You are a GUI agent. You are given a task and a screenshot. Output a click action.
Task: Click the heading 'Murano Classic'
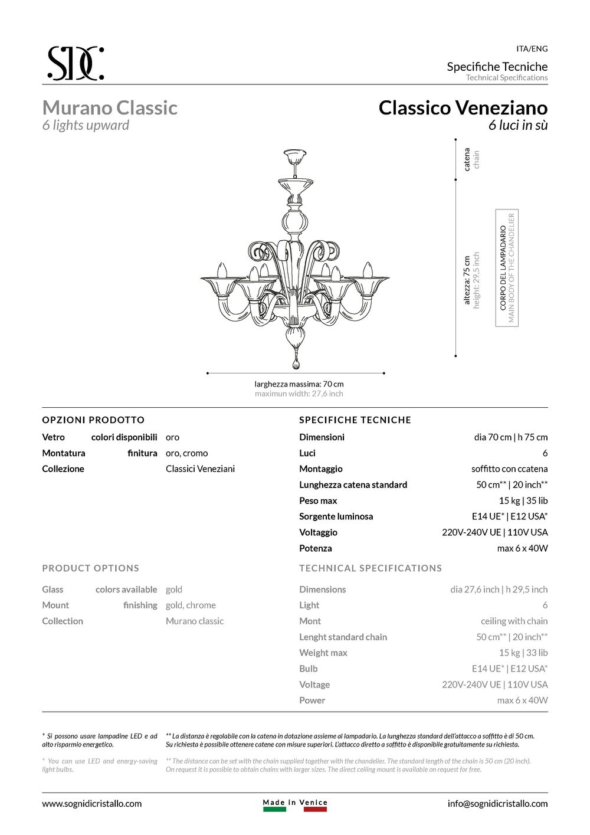(110, 108)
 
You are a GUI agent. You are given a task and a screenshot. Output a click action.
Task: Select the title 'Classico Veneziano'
(463, 108)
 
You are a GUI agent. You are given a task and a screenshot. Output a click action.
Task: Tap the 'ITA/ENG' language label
(532, 49)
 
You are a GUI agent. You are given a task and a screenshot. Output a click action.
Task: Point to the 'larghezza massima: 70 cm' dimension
(299, 384)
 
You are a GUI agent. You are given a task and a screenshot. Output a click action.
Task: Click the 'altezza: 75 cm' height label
(467, 280)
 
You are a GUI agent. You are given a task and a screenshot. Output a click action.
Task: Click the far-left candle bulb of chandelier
(222, 270)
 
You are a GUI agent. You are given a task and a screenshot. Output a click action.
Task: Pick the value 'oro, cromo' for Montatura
(186, 453)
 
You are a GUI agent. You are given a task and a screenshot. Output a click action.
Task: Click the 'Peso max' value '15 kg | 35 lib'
(523, 500)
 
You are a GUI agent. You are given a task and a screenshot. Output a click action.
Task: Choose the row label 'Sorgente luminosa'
(336, 516)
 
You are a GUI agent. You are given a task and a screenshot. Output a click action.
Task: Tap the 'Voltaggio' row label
(318, 532)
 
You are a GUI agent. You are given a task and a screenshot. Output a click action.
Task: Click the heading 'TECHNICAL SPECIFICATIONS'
(370, 568)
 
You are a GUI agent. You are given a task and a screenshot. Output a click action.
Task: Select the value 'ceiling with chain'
(514, 621)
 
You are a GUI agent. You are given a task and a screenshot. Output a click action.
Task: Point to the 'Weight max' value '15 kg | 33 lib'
(523, 653)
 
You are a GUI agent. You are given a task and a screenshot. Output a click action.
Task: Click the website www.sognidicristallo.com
(91, 803)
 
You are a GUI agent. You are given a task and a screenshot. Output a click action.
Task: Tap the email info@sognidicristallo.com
(497, 803)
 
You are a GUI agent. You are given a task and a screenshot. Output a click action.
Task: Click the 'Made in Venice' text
(295, 803)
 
